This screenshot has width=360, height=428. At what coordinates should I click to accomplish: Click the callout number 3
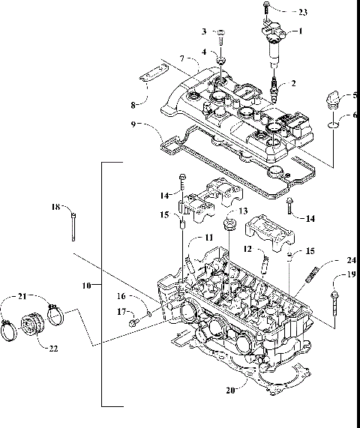coord(203,31)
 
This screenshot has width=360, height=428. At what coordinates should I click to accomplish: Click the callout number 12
coord(246,248)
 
